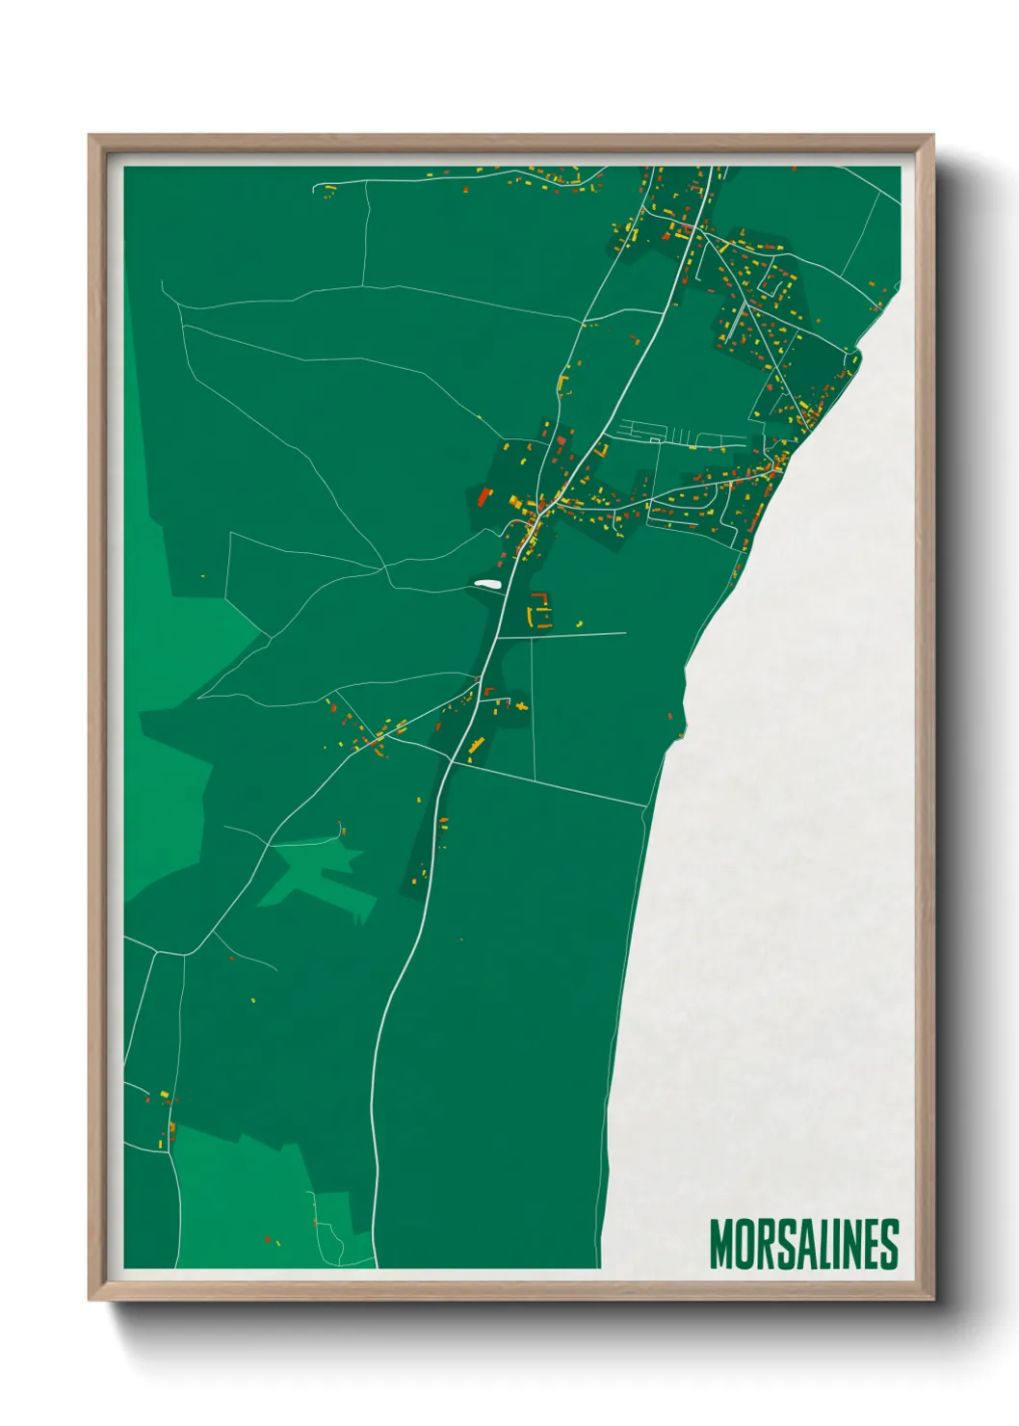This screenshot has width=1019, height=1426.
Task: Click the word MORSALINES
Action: click(x=804, y=1244)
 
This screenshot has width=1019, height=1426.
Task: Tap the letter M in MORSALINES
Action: click(x=720, y=1244)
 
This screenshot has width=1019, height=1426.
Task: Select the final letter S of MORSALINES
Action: click(x=890, y=1244)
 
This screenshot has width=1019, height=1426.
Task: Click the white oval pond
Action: click(x=486, y=583)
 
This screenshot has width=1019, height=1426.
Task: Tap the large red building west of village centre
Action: click(x=484, y=497)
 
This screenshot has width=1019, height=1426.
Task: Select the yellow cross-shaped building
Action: click(x=522, y=707)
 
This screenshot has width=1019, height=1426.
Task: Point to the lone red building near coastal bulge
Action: click(x=671, y=716)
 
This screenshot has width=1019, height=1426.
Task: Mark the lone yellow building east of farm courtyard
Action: click(x=580, y=622)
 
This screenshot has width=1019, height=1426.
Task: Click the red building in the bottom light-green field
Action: click(x=267, y=1238)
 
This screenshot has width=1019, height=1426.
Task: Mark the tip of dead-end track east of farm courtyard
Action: click(x=625, y=633)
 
